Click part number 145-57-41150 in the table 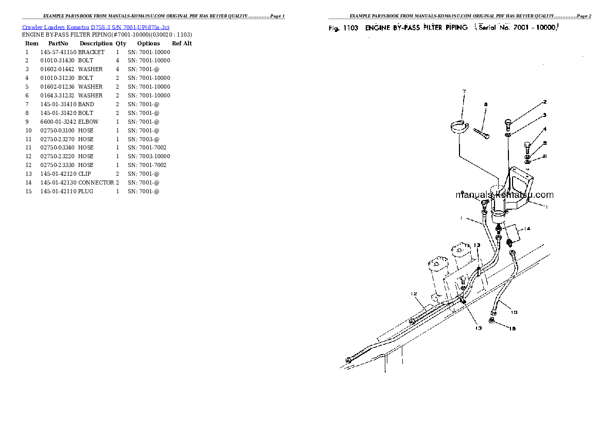(x=58, y=52)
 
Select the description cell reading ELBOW (x=88, y=122)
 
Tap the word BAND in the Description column (x=86, y=104)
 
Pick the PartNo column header (x=58, y=44)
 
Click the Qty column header (x=121, y=44)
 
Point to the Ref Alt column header (x=181, y=44)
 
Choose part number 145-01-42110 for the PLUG (x=58, y=191)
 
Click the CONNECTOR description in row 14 (x=96, y=182)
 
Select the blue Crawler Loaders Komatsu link (x=96, y=27)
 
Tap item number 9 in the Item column (x=27, y=122)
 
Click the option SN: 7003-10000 (x=149, y=156)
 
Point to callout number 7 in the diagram (x=464, y=92)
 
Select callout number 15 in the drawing (x=512, y=328)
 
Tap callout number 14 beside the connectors (x=527, y=228)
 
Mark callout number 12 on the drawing (x=413, y=294)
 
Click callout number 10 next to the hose (x=514, y=312)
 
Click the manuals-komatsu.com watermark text (x=504, y=195)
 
